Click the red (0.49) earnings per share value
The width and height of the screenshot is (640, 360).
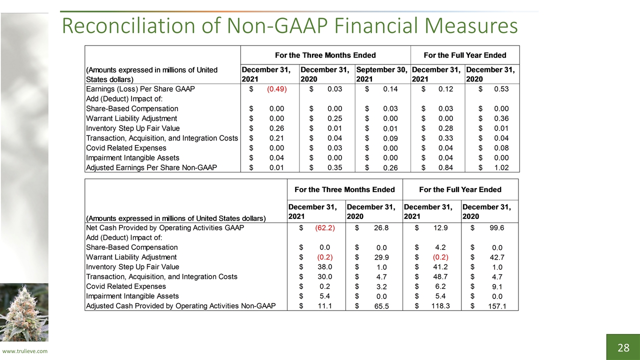(x=277, y=89)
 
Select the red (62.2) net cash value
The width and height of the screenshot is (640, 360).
(x=325, y=228)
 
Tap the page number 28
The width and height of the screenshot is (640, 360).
(x=623, y=347)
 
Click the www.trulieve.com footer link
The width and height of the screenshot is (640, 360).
(x=25, y=351)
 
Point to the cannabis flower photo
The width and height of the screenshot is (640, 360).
(x=24, y=312)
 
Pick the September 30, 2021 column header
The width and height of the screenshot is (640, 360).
(x=381, y=74)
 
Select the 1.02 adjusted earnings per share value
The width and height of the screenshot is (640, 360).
(x=501, y=167)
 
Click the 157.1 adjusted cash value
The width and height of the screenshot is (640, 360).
(x=497, y=306)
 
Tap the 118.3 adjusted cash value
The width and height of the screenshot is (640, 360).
(x=440, y=306)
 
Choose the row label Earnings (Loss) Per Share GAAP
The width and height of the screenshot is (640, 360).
(x=140, y=89)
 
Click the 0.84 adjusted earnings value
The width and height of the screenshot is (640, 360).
(x=445, y=167)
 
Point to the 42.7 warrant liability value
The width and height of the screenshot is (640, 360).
(x=497, y=257)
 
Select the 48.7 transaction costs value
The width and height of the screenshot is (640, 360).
(x=440, y=277)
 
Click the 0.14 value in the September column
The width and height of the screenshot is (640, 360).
(x=390, y=89)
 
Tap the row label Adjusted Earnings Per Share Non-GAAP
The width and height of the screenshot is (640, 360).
(x=151, y=167)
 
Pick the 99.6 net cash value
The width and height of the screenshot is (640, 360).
(x=497, y=228)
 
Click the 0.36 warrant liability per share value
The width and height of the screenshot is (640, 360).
(x=501, y=118)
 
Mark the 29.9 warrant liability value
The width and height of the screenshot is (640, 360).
(x=381, y=257)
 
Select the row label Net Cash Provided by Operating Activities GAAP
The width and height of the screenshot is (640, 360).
(x=165, y=228)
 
